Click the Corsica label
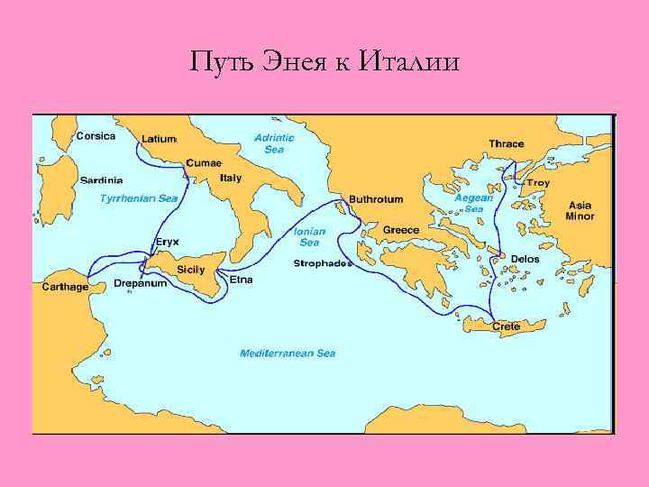[x=96, y=136]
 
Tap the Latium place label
[x=159, y=139]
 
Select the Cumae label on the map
[x=203, y=163]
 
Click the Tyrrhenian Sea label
[x=139, y=197]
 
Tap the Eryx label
[x=168, y=242]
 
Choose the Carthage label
[x=66, y=287]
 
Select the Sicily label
[x=191, y=269]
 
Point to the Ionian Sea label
[x=309, y=236]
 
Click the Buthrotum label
[x=376, y=198]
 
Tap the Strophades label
[x=322, y=263]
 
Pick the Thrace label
[x=507, y=143]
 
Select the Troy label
[x=538, y=183]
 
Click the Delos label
[x=526, y=258]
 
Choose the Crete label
[x=506, y=326]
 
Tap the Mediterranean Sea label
[x=288, y=354]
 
